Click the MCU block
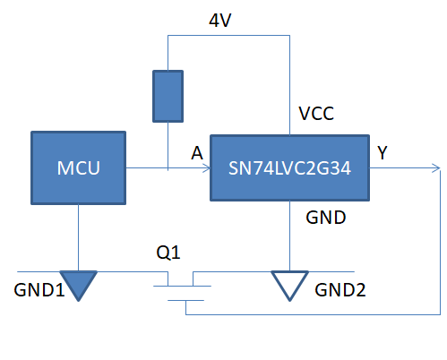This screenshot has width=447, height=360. click(x=78, y=167)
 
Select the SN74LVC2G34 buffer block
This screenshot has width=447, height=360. click(x=289, y=167)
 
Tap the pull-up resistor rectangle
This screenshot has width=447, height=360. click(x=168, y=96)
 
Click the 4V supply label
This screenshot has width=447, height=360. click(x=220, y=21)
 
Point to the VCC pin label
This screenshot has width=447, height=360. click(x=316, y=114)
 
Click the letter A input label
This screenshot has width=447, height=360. click(x=197, y=153)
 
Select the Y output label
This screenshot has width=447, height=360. click(x=383, y=152)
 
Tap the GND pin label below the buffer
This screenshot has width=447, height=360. click(x=326, y=218)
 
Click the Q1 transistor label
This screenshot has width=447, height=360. click(x=168, y=253)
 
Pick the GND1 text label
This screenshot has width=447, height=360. click(x=39, y=290)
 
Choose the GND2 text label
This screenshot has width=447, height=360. click(x=340, y=290)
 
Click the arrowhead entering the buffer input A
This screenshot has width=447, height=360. click(x=207, y=168)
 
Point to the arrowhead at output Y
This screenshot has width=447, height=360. click(x=436, y=168)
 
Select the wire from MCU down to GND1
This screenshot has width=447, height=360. click(x=78, y=237)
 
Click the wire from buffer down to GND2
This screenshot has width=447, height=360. click(x=289, y=236)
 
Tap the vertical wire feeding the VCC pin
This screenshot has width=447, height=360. click(x=289, y=85)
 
